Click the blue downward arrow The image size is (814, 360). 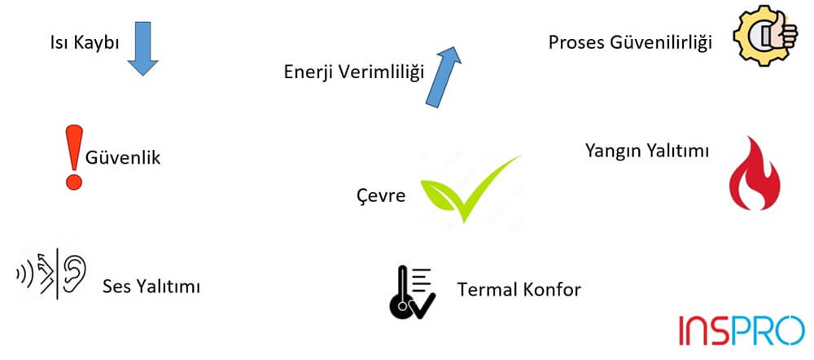(143, 48)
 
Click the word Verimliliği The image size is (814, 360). (383, 72)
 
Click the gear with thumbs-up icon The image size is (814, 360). (765, 35)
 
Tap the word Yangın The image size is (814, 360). (615, 151)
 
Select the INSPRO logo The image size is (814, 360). (741, 330)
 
